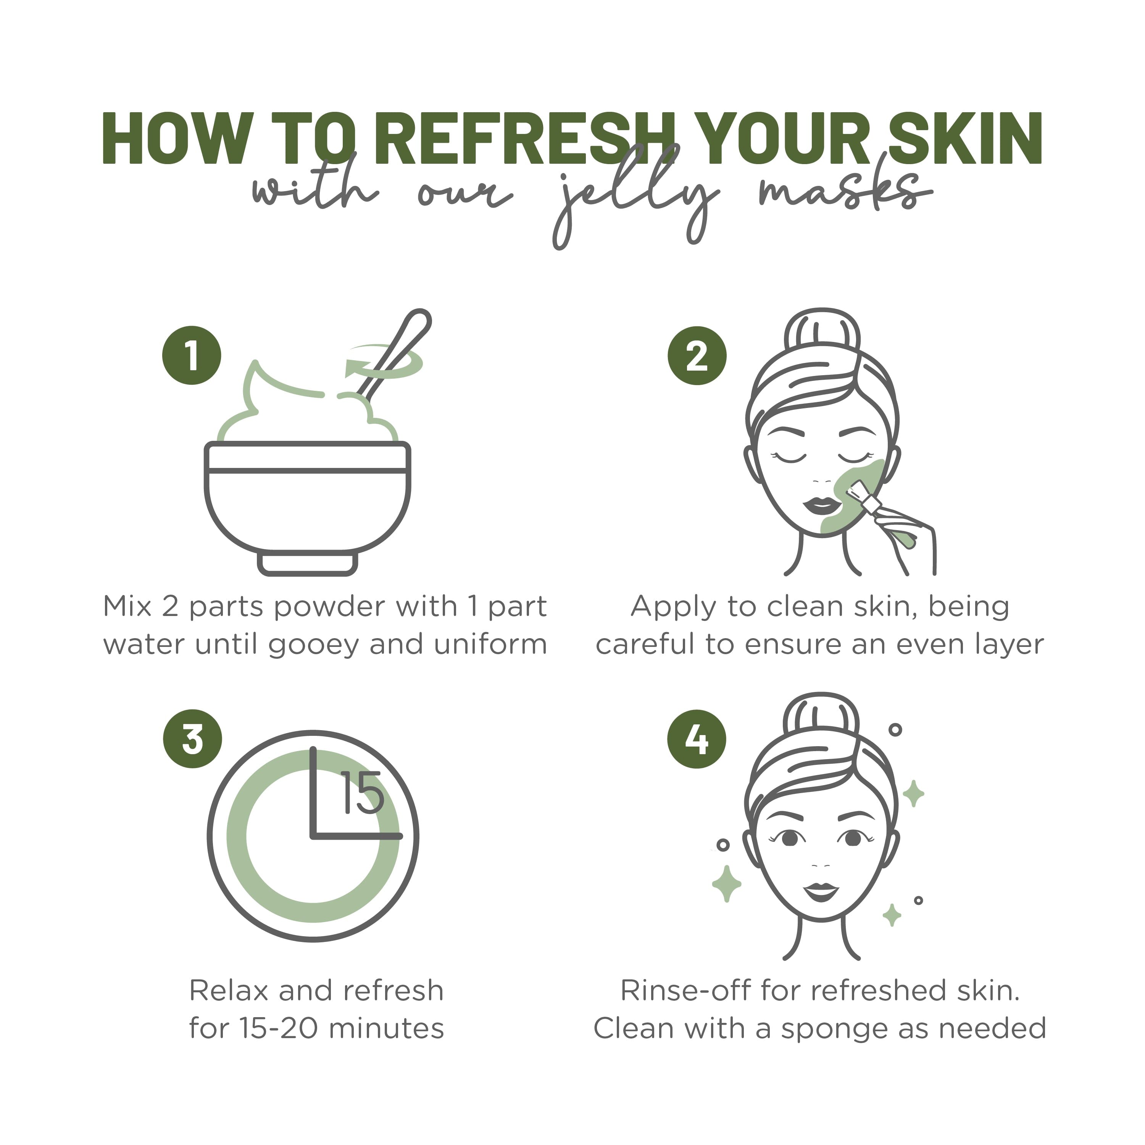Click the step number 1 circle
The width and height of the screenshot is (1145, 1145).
click(x=192, y=356)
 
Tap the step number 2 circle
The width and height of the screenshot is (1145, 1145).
click(x=697, y=356)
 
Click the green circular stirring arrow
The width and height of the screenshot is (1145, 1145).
click(x=385, y=363)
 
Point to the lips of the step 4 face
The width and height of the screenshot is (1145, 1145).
click(x=821, y=891)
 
